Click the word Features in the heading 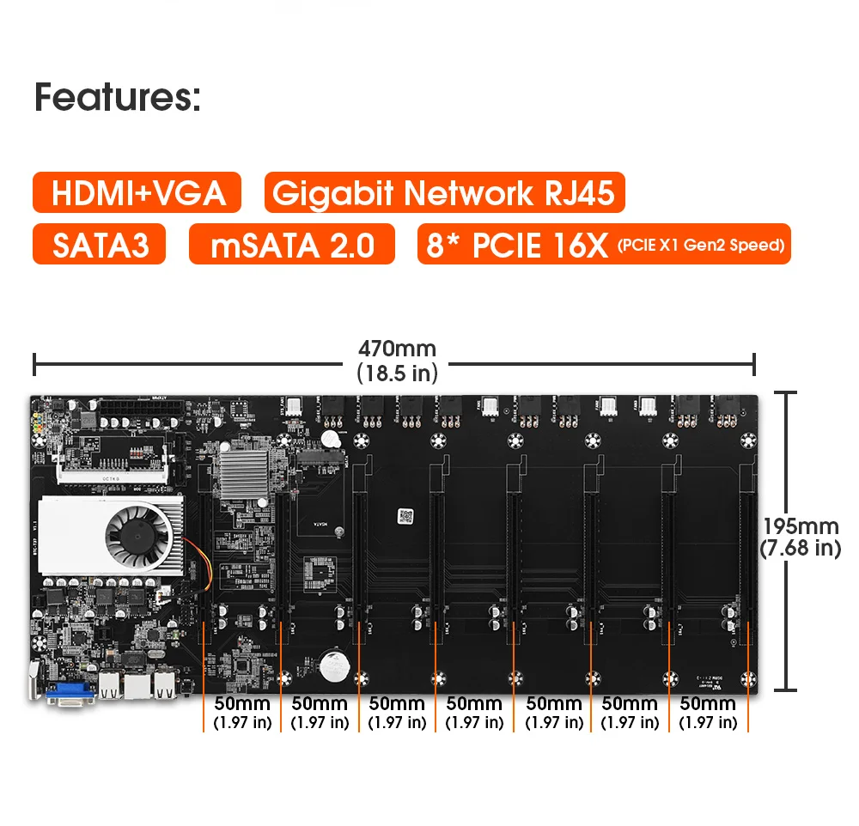(116, 97)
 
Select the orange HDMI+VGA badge (137, 192)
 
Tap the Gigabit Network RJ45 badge (444, 192)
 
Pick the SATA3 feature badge (98, 245)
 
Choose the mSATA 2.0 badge (292, 245)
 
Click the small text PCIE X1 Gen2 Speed (700, 246)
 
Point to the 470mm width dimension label (397, 349)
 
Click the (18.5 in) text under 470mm (397, 374)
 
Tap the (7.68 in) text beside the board (800, 549)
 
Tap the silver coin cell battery (331, 665)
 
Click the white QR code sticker (406, 516)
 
